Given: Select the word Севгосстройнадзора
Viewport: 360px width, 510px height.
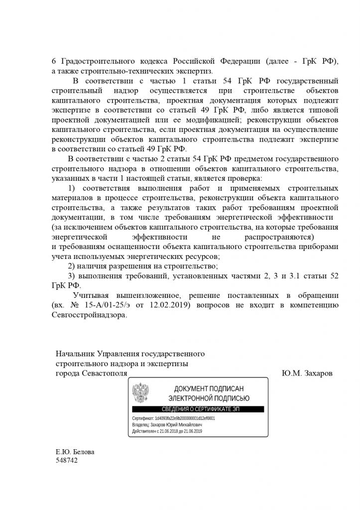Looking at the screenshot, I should (x=89, y=315).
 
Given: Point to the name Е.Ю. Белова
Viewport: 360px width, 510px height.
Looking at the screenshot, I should (x=75, y=452).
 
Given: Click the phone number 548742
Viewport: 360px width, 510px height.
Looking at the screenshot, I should (x=67, y=461).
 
